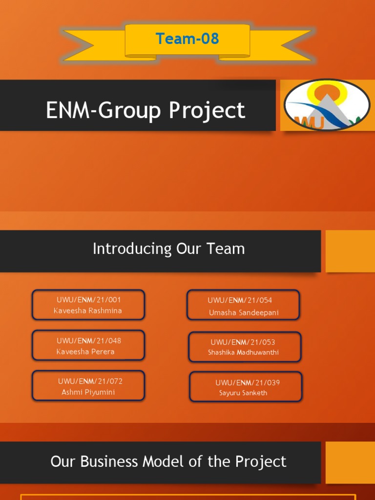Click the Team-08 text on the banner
pos(187,39)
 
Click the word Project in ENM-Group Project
pos(207,110)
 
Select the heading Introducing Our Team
pos(168,249)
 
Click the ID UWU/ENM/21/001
pos(89,300)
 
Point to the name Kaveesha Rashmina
pos(88,311)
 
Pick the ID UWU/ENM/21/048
pos(89,341)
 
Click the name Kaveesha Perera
pos(85,352)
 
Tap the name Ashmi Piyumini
pos(88,392)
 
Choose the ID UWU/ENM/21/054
pos(240,300)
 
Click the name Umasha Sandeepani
pos(244,313)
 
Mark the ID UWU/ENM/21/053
pos(243,342)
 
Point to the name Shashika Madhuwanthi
pos(243,353)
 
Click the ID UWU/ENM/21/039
pos(248,383)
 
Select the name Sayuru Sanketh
pos(243,393)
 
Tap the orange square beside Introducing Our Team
pos(350,251)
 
